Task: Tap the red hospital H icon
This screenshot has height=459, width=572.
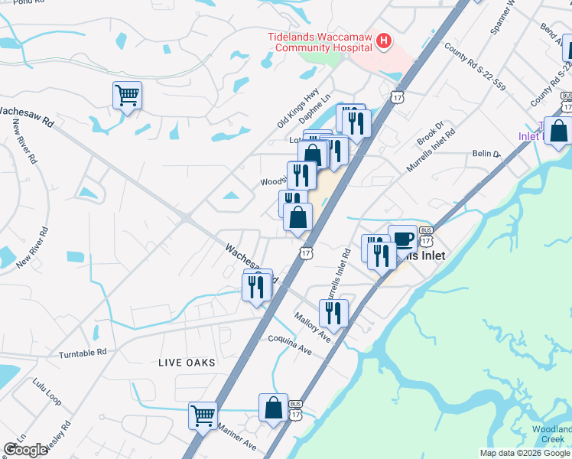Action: (383, 41)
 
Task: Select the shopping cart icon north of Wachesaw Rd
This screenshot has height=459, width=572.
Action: (127, 96)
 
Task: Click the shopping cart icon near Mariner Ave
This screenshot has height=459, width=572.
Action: (203, 417)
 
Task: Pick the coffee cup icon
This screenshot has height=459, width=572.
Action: (402, 239)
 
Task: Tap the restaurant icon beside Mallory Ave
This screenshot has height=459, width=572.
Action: (333, 313)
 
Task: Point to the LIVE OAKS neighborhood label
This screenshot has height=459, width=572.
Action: (187, 362)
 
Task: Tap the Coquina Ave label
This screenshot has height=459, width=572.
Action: (290, 343)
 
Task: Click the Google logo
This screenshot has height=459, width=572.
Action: (25, 450)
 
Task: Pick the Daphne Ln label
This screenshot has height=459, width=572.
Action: (314, 116)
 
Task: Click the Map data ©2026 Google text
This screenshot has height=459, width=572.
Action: (524, 453)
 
